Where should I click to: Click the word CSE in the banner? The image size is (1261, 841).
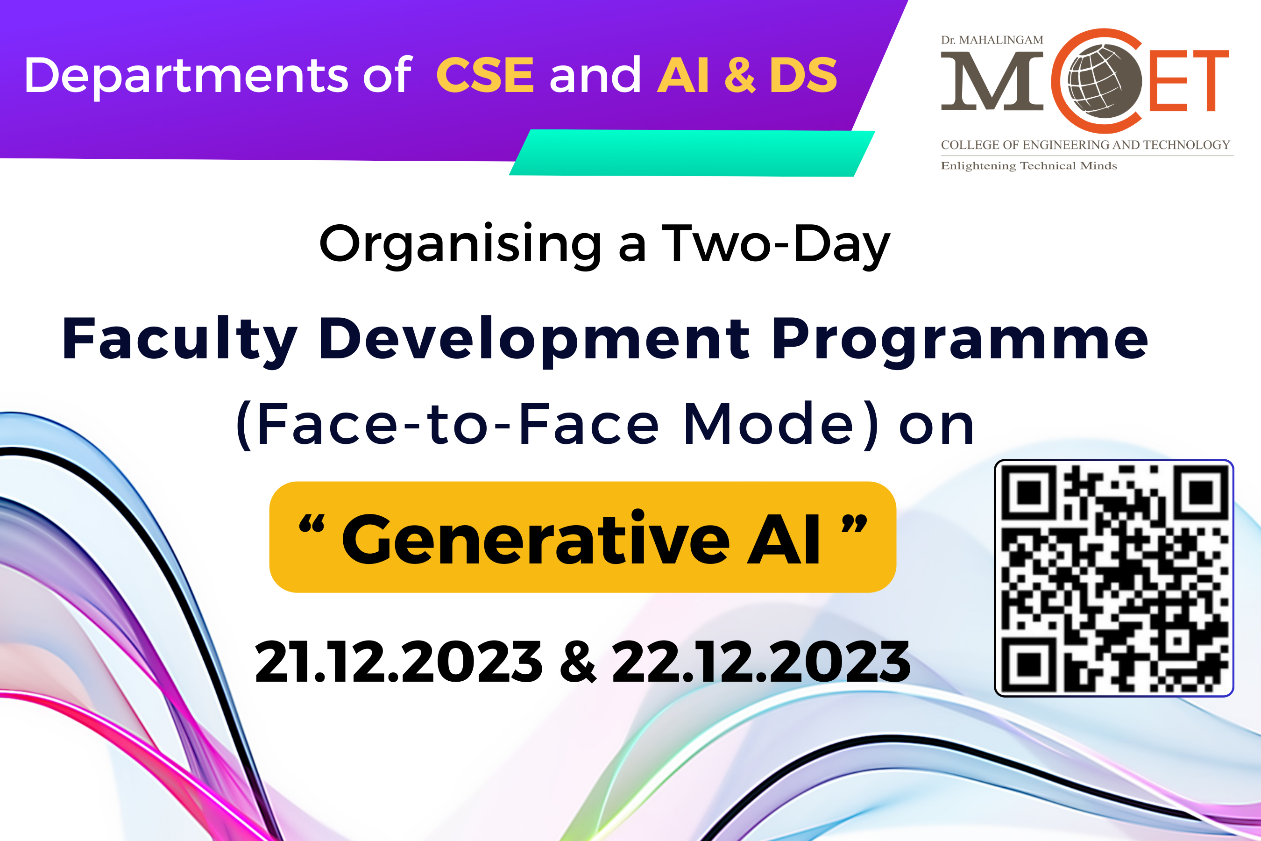(x=485, y=75)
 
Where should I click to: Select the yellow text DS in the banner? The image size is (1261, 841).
(x=803, y=75)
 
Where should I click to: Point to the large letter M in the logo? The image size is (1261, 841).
(x=992, y=81)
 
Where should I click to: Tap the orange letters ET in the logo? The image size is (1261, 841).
(x=1188, y=81)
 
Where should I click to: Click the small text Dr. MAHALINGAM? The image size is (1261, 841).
(x=992, y=40)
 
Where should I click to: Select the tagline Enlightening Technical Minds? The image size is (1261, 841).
(x=1029, y=166)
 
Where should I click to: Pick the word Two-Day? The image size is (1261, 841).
(x=776, y=244)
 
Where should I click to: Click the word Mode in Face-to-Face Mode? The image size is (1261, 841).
(x=768, y=424)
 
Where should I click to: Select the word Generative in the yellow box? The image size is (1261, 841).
(x=536, y=539)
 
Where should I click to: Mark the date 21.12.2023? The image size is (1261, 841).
(x=398, y=662)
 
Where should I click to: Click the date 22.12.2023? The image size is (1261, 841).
(x=761, y=662)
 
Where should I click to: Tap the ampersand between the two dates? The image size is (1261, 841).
(x=577, y=662)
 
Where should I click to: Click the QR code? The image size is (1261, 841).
(x=1114, y=578)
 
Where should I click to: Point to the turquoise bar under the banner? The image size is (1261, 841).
(x=692, y=153)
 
